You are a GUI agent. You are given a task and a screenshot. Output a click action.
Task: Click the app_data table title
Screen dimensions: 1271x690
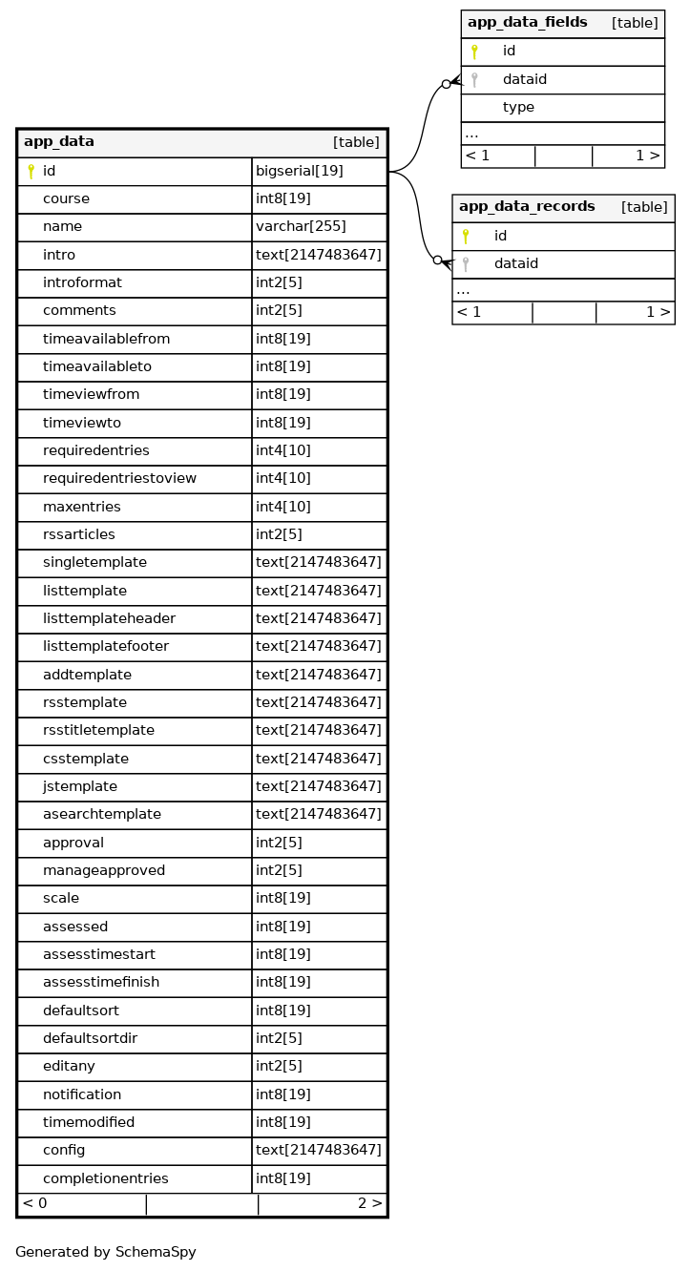pyautogui.click(x=59, y=142)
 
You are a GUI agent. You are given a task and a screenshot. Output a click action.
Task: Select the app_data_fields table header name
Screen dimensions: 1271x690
pyautogui.click(x=527, y=23)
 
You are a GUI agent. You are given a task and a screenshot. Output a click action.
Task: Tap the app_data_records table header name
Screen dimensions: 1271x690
pyautogui.click(x=527, y=207)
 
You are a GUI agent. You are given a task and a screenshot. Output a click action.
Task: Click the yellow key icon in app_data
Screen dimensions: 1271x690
pyautogui.click(x=31, y=172)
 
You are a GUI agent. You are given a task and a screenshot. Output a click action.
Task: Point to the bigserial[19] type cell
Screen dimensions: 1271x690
pyautogui.click(x=299, y=172)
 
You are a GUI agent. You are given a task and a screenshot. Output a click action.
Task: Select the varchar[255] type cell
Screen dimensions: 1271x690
pyautogui.click(x=301, y=227)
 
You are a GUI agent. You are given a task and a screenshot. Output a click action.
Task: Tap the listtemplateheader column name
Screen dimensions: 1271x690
pyautogui.click(x=109, y=618)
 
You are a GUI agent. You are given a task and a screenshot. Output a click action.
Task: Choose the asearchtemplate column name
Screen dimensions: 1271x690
pyautogui.click(x=102, y=814)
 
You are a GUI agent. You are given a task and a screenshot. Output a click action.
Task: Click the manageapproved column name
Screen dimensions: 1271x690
pyautogui.click(x=104, y=870)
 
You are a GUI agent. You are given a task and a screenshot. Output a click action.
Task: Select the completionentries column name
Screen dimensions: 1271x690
pyautogui.click(x=105, y=1178)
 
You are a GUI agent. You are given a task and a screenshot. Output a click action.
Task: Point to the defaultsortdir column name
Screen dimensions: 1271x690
pyautogui.click(x=90, y=1038)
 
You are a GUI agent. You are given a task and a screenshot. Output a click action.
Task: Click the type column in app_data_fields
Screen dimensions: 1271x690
pyautogui.click(x=518, y=108)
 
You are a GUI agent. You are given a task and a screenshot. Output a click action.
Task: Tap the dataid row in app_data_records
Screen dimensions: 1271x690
pyautogui.click(x=515, y=263)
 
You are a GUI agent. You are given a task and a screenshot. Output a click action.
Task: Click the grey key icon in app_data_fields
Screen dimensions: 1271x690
pyautogui.click(x=474, y=80)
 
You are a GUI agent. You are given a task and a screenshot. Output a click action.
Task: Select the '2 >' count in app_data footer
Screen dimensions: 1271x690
pyautogui.click(x=369, y=1204)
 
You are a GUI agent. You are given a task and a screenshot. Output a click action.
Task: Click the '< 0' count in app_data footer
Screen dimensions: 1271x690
pyautogui.click(x=34, y=1204)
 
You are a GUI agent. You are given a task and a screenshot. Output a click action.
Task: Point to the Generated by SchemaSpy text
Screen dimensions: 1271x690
pyautogui.click(x=105, y=1252)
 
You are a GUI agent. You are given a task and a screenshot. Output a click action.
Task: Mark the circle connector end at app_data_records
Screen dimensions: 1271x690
pyautogui.click(x=437, y=260)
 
